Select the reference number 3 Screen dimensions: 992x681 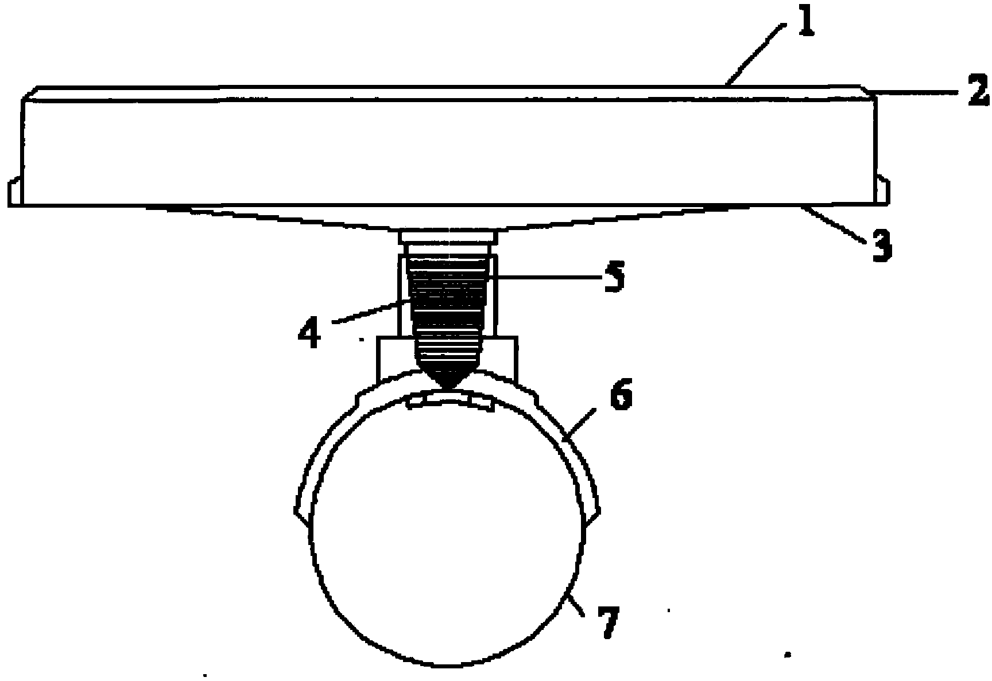click(881, 244)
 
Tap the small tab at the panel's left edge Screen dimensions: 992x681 click(15, 193)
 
